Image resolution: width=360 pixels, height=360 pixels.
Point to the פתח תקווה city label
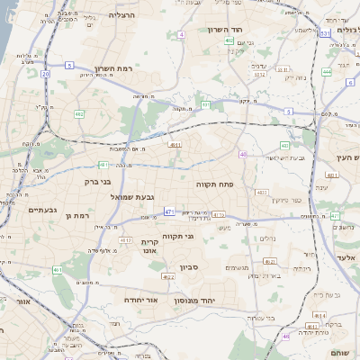(x=215, y=183)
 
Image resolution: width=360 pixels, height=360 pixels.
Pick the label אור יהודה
(x=140, y=299)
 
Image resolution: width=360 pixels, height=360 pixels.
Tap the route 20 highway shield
(x=45, y=74)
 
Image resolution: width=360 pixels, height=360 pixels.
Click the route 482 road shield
(x=79, y=114)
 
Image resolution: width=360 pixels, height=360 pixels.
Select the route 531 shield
(x=323, y=33)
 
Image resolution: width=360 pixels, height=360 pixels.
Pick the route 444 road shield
(x=327, y=72)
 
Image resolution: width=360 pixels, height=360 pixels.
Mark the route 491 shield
(x=206, y=104)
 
